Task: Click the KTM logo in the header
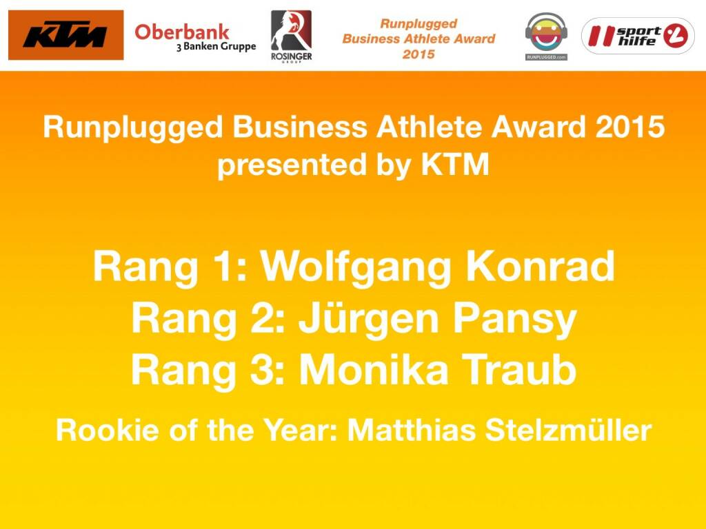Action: [x=65, y=35]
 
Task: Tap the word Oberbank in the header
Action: [x=181, y=31]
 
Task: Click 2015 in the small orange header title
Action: [x=418, y=54]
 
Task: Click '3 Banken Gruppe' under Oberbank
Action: [x=215, y=47]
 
